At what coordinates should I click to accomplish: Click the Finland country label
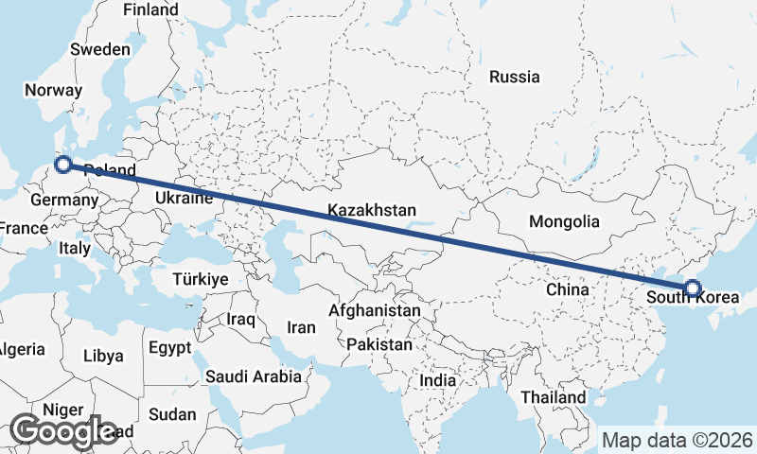(x=150, y=9)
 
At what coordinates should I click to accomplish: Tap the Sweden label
(x=100, y=48)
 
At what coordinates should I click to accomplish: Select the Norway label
(x=54, y=90)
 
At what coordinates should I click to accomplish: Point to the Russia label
(x=515, y=77)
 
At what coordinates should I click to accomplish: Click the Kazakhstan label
(x=372, y=210)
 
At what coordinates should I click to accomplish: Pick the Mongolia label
(x=565, y=222)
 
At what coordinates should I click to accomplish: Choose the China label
(x=568, y=289)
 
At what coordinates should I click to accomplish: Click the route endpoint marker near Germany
(x=63, y=166)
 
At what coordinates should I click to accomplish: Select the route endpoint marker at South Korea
(x=692, y=288)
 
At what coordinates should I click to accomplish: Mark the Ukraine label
(x=183, y=199)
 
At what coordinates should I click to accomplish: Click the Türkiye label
(x=201, y=279)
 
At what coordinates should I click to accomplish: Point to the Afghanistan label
(x=375, y=310)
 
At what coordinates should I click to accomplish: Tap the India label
(x=438, y=379)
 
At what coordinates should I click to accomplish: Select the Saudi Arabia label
(x=253, y=376)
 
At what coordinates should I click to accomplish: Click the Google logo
(x=63, y=431)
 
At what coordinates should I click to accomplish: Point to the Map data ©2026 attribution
(x=678, y=440)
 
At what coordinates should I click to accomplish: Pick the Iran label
(x=300, y=327)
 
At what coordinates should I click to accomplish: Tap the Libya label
(x=103, y=356)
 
